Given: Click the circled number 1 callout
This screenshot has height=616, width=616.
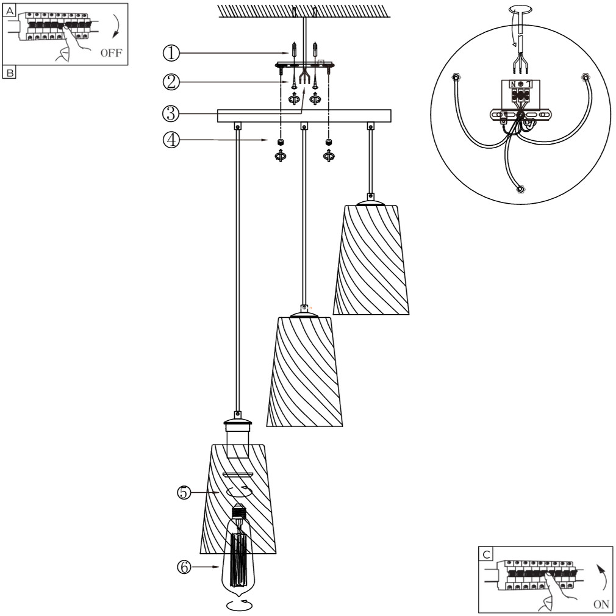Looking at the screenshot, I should point(171,54).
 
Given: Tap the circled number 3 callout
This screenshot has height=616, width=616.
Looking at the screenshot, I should point(171,113).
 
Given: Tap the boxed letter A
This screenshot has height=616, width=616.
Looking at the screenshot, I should point(10,9).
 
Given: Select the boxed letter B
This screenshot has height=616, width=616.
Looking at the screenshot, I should point(10,73).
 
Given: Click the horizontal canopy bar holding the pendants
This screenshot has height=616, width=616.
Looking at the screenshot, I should point(304,116).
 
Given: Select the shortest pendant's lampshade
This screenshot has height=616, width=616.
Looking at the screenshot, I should point(371,259).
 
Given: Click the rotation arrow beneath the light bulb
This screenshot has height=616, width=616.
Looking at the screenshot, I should point(240,605).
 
